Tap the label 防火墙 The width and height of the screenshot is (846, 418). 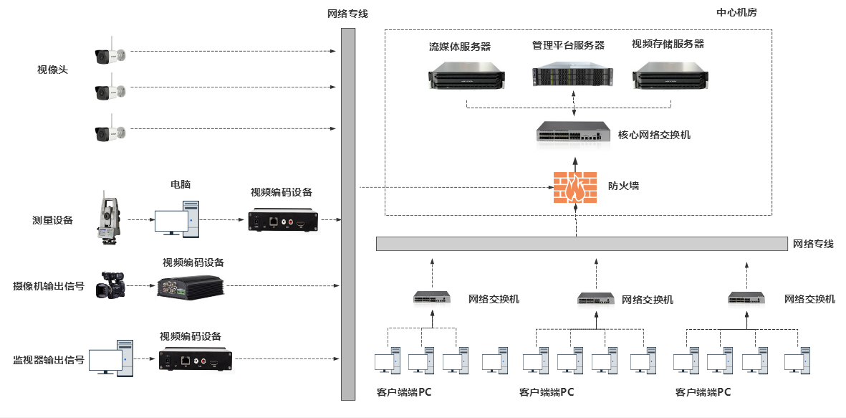(x=623, y=186)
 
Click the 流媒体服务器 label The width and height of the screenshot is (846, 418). (x=460, y=47)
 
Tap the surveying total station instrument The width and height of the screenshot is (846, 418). (x=108, y=217)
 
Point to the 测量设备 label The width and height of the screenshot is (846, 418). (x=52, y=220)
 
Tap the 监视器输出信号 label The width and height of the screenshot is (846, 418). (x=49, y=359)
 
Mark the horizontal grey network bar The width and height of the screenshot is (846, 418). (x=581, y=243)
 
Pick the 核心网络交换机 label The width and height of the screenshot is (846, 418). (x=654, y=134)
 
